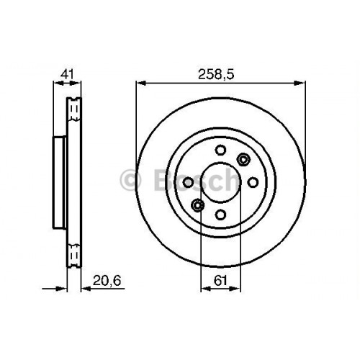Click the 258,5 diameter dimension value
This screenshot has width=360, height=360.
[216, 75]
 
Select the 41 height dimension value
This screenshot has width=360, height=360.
[68, 74]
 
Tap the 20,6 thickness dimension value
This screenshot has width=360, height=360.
[107, 280]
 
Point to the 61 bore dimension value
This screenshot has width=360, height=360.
[220, 280]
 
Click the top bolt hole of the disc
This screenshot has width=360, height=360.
[220, 150]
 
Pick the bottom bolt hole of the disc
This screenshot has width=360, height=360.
[220, 215]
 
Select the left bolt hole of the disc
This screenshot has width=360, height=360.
[188, 182]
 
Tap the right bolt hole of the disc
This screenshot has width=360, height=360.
[253, 182]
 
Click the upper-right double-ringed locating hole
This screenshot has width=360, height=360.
[243, 159]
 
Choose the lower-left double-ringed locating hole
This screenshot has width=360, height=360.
[197, 205]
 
